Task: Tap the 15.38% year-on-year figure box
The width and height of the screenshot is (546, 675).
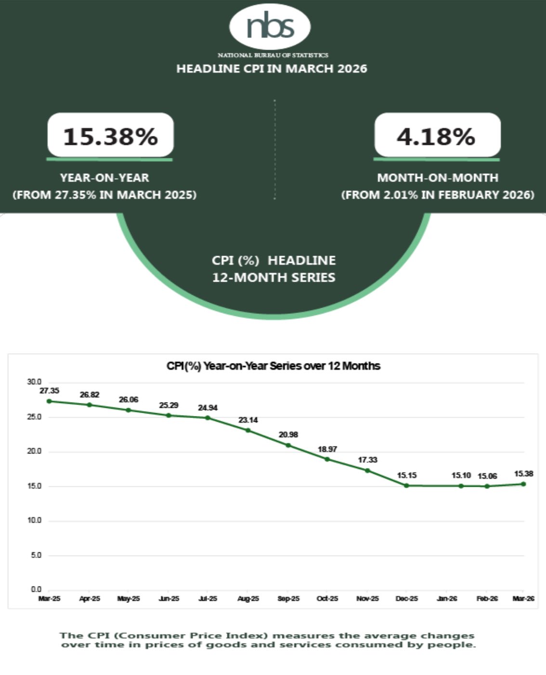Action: click(x=110, y=136)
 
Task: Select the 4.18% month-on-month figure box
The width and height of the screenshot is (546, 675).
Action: click(x=437, y=136)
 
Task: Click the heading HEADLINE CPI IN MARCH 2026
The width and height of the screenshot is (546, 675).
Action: click(x=272, y=68)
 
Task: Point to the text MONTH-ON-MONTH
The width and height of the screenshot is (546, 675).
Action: click(x=437, y=178)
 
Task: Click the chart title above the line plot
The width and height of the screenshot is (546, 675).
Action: click(x=273, y=366)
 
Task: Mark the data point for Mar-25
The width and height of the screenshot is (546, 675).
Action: click(x=49, y=401)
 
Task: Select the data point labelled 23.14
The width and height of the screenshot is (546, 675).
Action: click(x=248, y=430)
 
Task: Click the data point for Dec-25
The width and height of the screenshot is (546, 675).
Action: click(x=406, y=485)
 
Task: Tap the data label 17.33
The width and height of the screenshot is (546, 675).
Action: click(x=367, y=460)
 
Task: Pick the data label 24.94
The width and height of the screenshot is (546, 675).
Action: click(x=208, y=408)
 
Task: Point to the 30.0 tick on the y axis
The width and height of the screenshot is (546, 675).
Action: click(x=34, y=382)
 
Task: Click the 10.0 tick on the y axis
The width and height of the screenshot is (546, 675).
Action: click(x=34, y=520)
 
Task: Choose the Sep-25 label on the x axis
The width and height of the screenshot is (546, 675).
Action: click(x=288, y=598)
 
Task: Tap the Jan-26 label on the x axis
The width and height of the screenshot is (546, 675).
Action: click(x=447, y=598)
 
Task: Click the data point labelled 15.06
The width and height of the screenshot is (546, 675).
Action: click(x=487, y=486)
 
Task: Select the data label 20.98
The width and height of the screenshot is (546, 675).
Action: click(x=288, y=434)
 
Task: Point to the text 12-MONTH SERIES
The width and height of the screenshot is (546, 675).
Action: click(x=273, y=277)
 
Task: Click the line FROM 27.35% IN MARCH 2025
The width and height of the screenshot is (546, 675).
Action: click(x=104, y=195)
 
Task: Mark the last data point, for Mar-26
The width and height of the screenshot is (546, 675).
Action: click(x=523, y=484)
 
